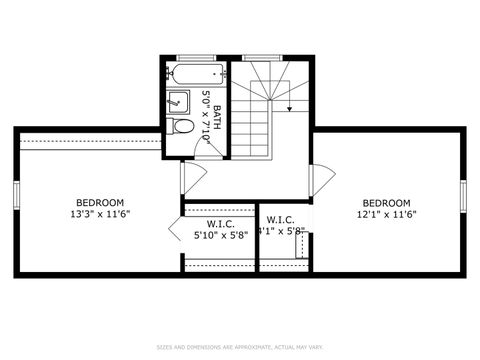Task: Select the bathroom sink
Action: pos(178,100)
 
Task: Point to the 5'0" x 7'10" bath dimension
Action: pos(206,117)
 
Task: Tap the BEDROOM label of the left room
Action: pos(100,201)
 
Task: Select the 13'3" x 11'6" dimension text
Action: pos(100,213)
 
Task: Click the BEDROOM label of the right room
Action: pos(386,201)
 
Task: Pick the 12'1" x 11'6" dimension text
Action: pos(386,213)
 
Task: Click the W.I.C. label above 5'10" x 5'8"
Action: pos(220,223)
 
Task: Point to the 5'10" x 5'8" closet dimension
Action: pos(220,235)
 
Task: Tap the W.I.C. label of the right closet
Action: pos(280,220)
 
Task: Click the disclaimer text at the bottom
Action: pos(240,348)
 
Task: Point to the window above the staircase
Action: pos(262,57)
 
